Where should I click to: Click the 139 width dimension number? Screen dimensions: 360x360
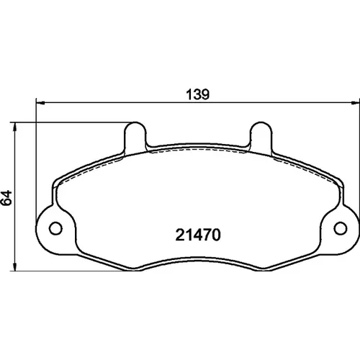click(198, 94)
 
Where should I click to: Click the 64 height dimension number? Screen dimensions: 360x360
click(6, 198)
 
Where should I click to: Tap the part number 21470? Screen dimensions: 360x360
click(198, 235)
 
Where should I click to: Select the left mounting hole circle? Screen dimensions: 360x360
click(55, 228)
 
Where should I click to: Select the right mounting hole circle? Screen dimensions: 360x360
click(341, 228)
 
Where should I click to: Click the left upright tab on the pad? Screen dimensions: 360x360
click(135, 136)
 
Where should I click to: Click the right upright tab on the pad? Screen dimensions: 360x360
click(261, 136)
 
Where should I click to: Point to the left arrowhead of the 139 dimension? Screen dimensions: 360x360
click(40, 103)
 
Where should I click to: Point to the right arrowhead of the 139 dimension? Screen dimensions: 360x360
click(356, 103)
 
